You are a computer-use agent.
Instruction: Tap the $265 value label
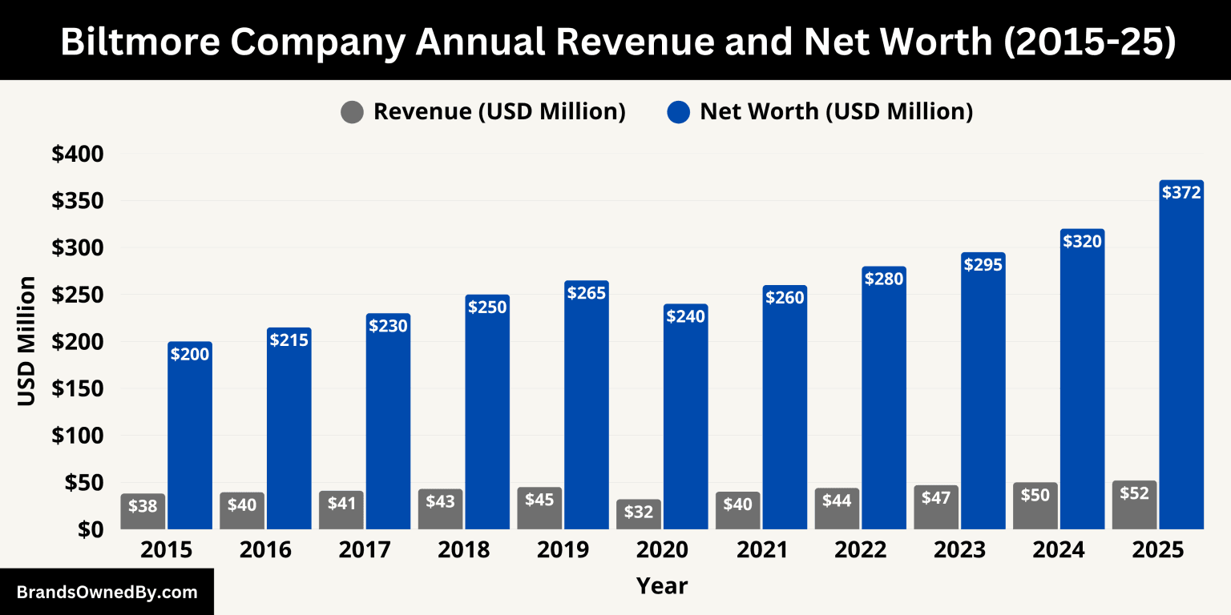click(587, 293)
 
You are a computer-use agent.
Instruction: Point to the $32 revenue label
click(639, 512)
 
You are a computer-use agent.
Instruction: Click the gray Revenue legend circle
click(352, 112)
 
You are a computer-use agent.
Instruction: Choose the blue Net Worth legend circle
click(678, 112)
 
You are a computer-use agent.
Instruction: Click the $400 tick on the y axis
click(78, 154)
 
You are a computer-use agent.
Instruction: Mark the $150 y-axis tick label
click(78, 389)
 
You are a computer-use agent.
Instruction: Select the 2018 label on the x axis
click(465, 551)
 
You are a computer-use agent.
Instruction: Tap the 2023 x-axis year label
click(960, 551)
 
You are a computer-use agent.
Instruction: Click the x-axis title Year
click(662, 586)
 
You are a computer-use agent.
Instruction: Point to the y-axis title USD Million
click(27, 341)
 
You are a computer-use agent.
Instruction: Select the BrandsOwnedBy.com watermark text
click(107, 593)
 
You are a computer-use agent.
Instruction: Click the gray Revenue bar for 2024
click(1035, 506)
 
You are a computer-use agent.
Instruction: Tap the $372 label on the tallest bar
click(1181, 193)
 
